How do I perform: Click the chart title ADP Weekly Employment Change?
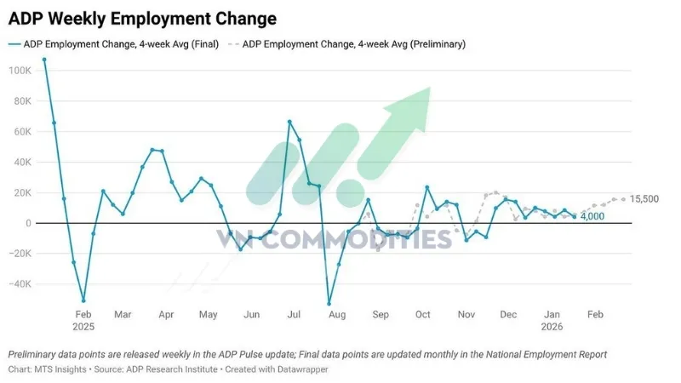(x=142, y=17)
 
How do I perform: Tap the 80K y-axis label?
(x=20, y=100)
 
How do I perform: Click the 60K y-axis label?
(x=20, y=131)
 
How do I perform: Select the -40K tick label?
(x=19, y=284)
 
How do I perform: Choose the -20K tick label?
(x=19, y=254)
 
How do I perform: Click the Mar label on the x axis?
(x=124, y=315)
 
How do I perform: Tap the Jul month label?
(x=294, y=315)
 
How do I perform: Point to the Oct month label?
(x=422, y=315)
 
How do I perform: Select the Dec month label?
(x=508, y=315)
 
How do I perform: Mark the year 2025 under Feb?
(x=83, y=326)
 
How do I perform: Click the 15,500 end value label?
(x=645, y=199)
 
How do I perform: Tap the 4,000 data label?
(x=594, y=217)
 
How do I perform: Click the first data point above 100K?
(x=43, y=60)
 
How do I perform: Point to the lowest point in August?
(x=329, y=303)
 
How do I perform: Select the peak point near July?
(x=289, y=122)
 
